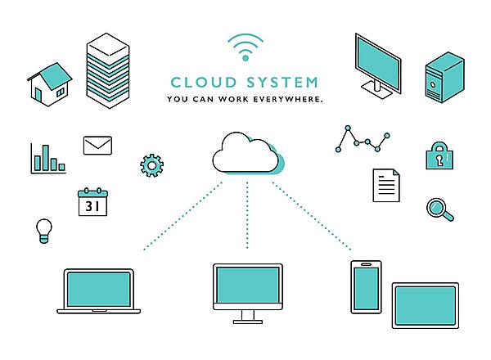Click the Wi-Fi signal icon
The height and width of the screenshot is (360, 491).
[245, 47]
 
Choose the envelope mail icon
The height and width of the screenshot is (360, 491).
[97, 146]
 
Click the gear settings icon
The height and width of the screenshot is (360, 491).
[152, 165]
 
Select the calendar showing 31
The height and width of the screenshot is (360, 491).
[92, 201]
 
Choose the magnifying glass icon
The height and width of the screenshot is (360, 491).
[439, 209]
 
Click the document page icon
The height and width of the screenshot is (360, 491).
[385, 185]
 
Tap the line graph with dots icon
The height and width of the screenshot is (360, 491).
[363, 140]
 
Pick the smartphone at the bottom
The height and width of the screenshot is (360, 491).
[366, 286]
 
